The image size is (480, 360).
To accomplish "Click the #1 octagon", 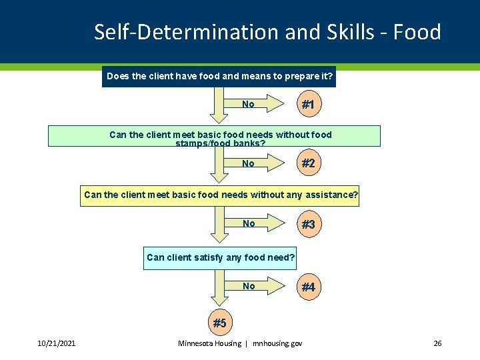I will point(308,105).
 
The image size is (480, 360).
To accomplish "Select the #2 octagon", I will point(308,163).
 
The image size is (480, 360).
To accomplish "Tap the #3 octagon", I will point(308,225).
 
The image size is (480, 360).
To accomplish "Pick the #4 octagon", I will point(308,287).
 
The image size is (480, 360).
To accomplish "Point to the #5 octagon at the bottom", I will point(219,323).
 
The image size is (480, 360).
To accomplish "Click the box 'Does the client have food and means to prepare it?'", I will point(219,77).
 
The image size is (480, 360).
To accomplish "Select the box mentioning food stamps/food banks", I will point(214,136).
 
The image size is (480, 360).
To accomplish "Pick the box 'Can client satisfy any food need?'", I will point(221,257).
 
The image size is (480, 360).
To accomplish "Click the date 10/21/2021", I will point(56,343).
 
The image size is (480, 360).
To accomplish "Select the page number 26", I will point(437,343).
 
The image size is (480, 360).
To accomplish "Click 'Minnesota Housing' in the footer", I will point(209,343).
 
